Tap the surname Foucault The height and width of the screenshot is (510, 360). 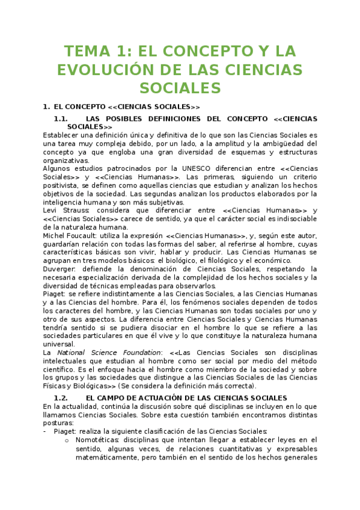81,236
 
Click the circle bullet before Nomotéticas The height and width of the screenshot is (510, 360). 67,440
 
